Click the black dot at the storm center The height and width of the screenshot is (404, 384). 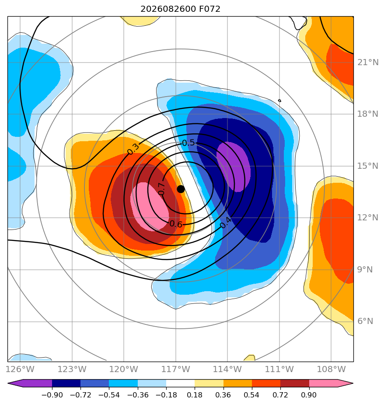click(x=181, y=189)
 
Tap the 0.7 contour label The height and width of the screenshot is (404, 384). click(x=161, y=189)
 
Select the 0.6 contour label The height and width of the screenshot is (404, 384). click(x=176, y=224)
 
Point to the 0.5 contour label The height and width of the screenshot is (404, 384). click(x=189, y=143)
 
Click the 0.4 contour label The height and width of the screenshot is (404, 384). click(x=226, y=223)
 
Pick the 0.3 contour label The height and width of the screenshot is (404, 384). click(x=133, y=149)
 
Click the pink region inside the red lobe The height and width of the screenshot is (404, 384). click(x=150, y=206)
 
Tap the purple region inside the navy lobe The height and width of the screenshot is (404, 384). click(x=234, y=167)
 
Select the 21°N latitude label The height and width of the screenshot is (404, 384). click(x=368, y=63)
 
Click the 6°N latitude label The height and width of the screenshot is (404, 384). click(x=365, y=321)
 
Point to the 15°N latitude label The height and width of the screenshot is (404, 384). click(x=368, y=166)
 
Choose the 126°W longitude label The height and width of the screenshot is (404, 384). click(x=20, y=369)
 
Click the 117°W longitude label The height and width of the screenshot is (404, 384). click(x=175, y=369)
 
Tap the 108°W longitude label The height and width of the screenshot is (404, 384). click(x=331, y=369)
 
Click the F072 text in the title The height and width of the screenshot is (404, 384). click(x=210, y=9)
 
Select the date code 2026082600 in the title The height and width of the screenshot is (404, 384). click(x=168, y=9)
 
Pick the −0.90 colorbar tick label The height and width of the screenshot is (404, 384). click(x=52, y=395)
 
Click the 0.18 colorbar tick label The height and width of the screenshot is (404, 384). click(x=195, y=395)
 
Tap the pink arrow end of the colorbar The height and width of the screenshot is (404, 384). click(x=331, y=383)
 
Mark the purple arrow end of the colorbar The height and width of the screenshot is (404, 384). click(x=30, y=383)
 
